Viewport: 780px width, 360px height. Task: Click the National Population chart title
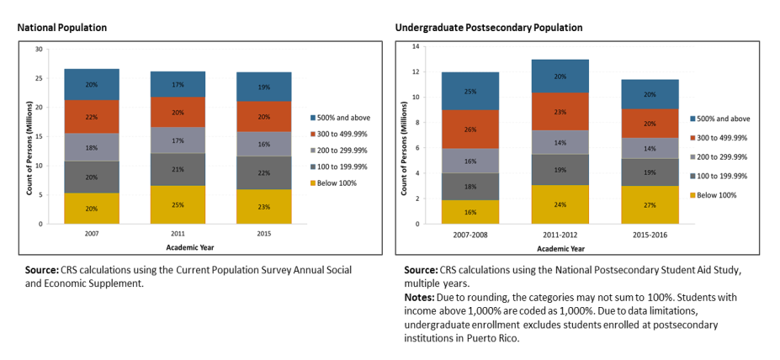pyautogui.click(x=62, y=28)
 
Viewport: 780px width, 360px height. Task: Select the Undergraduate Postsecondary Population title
pyautogui.click(x=489, y=28)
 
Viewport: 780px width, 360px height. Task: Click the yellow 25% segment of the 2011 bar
pyautogui.click(x=178, y=204)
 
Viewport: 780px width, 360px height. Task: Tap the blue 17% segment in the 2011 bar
pyautogui.click(x=178, y=84)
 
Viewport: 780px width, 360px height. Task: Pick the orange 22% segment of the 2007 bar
pyautogui.click(x=92, y=117)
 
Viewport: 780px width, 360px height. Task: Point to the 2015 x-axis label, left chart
pyautogui.click(x=263, y=235)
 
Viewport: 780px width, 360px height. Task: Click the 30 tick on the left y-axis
pyautogui.click(x=39, y=50)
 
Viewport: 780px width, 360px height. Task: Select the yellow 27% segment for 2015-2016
pyautogui.click(x=650, y=204)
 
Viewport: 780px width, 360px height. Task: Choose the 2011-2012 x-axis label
pyautogui.click(x=560, y=235)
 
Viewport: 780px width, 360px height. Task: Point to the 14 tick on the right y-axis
pyautogui.click(x=415, y=47)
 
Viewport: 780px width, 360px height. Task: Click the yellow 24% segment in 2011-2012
pyautogui.click(x=560, y=204)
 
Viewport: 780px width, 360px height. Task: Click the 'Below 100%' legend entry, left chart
pyautogui.click(x=339, y=183)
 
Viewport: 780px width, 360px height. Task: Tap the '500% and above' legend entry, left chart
pyautogui.click(x=344, y=118)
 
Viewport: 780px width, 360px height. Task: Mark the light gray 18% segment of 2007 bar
pyautogui.click(x=92, y=146)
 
